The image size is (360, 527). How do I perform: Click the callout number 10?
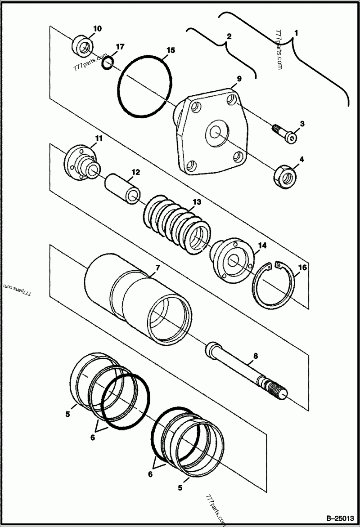(97, 29)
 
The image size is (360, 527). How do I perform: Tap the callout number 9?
(239, 79)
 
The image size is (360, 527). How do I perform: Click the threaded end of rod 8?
(275, 388)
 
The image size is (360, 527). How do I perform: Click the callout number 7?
(157, 268)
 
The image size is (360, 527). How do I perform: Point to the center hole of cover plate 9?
(215, 133)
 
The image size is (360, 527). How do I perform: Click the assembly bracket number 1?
(296, 33)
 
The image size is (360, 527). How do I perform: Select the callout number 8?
(256, 356)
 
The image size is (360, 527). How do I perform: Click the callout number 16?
(302, 268)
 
